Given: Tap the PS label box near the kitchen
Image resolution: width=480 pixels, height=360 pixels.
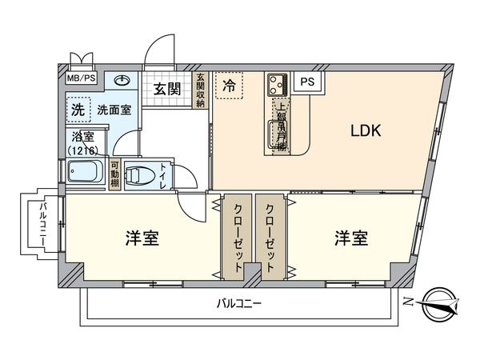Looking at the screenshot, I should (306, 82).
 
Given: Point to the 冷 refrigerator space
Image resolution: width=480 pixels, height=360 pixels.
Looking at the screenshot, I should (230, 83).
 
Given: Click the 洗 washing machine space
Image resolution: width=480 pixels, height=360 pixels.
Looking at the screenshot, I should (78, 109).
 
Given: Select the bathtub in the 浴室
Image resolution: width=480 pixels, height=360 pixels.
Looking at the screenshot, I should (84, 172).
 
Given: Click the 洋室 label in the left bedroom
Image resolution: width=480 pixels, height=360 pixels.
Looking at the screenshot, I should (142, 238).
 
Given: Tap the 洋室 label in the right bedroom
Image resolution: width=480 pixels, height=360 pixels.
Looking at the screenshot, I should (351, 238).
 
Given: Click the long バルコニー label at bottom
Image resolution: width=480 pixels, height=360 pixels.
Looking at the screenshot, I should (239, 304).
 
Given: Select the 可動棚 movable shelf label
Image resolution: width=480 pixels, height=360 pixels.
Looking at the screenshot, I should (114, 174).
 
